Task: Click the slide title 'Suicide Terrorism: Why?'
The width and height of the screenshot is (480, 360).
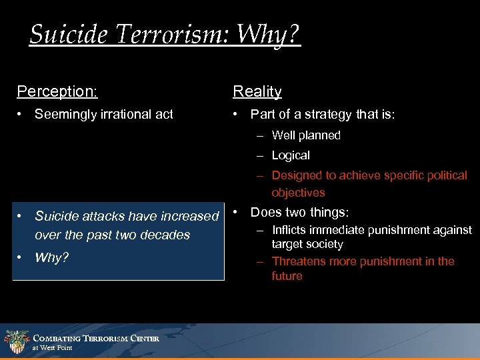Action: [x=165, y=33]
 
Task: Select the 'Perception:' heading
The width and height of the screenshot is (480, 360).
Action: [x=57, y=91]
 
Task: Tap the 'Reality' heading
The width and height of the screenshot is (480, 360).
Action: [x=257, y=91]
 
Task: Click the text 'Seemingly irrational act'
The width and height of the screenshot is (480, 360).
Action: [x=103, y=115]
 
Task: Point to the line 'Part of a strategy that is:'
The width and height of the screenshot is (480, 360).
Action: [x=322, y=115]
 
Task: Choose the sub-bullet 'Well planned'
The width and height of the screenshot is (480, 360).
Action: [x=306, y=135]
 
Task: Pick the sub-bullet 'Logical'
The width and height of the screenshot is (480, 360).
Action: [x=291, y=155]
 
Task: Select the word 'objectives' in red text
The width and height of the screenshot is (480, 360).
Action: [x=298, y=193]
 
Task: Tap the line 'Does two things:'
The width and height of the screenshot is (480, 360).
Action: [x=299, y=213]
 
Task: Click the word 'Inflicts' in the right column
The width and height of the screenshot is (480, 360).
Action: [x=291, y=230]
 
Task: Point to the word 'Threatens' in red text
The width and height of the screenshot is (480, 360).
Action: [x=298, y=261]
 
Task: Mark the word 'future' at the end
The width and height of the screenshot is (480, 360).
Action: [x=287, y=276]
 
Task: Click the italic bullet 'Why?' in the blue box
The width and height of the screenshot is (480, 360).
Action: [x=51, y=257]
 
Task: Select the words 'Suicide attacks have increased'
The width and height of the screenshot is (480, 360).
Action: [x=127, y=216]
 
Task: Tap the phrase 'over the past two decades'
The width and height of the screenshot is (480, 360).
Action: [x=112, y=235]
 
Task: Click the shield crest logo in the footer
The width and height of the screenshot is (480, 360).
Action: [x=16, y=341]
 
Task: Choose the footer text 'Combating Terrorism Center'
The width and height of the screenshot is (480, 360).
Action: [x=96, y=339]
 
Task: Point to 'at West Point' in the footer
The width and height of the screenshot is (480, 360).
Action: [x=53, y=348]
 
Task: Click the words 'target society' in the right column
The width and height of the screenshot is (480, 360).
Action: [x=307, y=245]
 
